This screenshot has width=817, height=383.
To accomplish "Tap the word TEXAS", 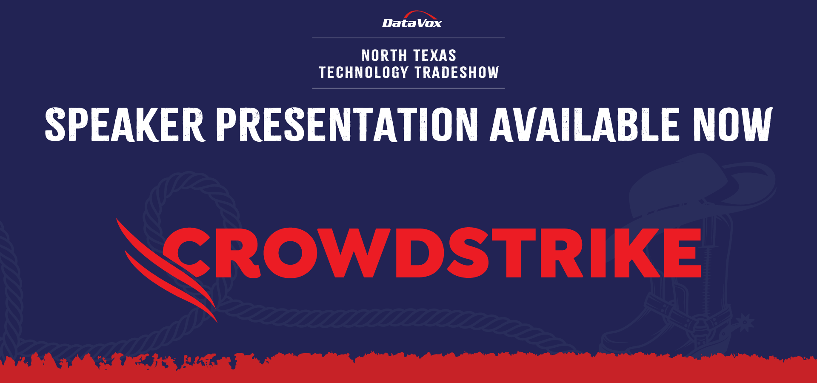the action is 435,56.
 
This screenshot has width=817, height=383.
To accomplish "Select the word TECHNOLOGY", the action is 364,72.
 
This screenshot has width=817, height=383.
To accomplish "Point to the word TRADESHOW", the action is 457,72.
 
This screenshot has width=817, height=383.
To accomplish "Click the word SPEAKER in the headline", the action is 125,124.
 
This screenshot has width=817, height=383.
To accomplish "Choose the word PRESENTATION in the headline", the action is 347,124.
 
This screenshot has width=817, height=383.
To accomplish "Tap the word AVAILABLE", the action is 585,124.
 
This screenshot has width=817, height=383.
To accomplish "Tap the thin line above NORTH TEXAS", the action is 408,38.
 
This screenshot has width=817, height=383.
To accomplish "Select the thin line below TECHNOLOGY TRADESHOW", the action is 408,88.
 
